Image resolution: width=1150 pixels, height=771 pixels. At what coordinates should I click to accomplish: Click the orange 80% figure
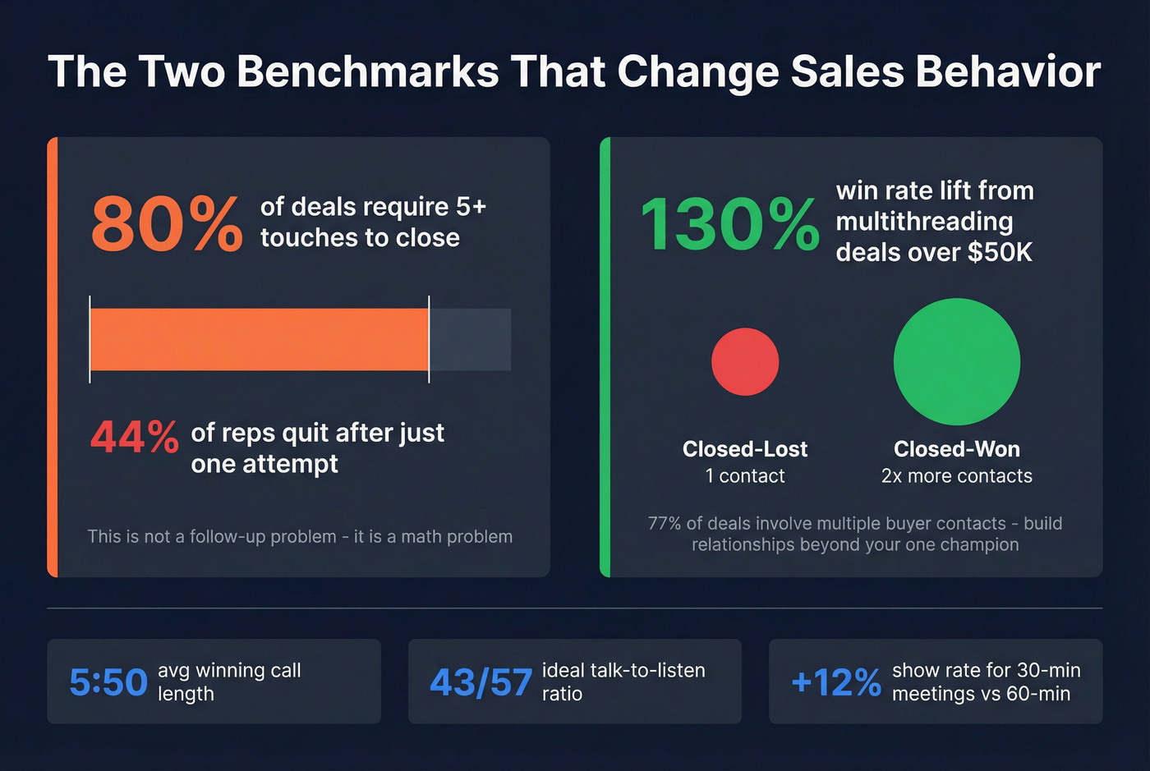(166, 223)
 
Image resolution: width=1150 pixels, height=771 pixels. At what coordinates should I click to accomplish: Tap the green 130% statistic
(729, 223)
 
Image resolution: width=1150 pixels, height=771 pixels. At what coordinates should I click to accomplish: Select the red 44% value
(134, 437)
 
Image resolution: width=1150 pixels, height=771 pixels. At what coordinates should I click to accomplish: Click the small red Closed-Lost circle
(745, 362)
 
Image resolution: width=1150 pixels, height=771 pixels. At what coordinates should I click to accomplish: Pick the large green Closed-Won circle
(956, 362)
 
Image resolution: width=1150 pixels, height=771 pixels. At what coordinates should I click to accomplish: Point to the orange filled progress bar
(259, 339)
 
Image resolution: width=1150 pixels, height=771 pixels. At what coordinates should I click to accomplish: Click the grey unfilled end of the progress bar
(470, 339)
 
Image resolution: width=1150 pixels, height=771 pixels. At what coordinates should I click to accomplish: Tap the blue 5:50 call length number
(108, 682)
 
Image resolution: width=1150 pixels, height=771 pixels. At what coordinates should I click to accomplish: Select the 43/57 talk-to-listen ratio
(481, 682)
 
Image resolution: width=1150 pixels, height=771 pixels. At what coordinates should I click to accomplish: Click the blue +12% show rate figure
(835, 682)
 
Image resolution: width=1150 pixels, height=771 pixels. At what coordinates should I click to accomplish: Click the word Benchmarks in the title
(367, 71)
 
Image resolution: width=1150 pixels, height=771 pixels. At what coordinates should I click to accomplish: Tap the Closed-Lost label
(745, 449)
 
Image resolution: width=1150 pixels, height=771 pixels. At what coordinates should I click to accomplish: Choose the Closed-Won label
(957, 449)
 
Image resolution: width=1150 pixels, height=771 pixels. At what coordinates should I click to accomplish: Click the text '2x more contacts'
(957, 476)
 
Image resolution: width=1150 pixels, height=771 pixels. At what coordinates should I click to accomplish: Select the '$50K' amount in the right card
(1000, 252)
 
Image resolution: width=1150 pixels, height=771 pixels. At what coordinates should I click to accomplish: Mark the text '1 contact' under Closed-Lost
(745, 476)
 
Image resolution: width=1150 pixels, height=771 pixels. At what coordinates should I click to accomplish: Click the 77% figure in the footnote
(664, 524)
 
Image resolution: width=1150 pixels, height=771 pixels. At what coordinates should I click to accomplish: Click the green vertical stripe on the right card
(605, 357)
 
